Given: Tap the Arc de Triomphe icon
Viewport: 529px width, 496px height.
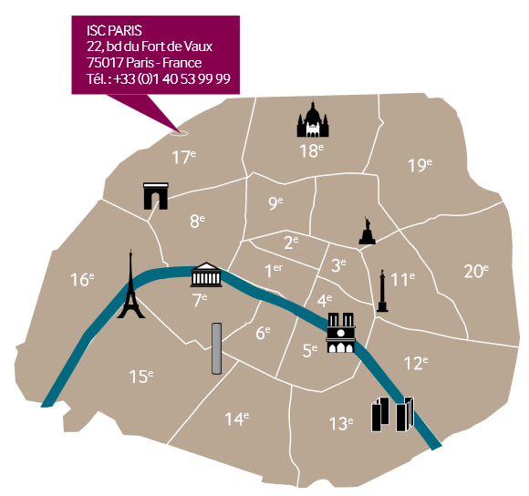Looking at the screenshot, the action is tap(156, 196).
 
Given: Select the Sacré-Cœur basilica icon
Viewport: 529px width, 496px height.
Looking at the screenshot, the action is tap(313, 119).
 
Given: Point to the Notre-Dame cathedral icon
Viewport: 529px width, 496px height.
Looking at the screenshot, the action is tap(341, 333).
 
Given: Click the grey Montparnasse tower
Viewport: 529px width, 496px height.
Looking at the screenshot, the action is tap(216, 348).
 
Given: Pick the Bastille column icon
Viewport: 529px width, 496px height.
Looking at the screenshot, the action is tap(382, 291).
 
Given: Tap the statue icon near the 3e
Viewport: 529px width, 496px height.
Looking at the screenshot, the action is tap(367, 231).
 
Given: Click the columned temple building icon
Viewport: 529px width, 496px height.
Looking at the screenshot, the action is tap(206, 274).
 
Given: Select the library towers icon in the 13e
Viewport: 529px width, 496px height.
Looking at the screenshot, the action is tap(393, 414).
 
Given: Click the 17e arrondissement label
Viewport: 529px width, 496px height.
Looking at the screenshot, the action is tap(183, 157).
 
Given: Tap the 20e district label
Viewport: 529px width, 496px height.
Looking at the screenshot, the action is tap(476, 271).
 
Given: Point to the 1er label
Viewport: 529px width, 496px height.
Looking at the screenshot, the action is tap(274, 271).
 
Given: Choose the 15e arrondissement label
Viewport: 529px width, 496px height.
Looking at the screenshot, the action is tap(141, 377).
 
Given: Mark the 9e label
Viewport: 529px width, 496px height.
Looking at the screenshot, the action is tap(275, 202).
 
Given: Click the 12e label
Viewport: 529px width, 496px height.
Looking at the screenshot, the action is tap(416, 363).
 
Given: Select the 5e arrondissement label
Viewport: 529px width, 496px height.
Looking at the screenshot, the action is tap(310, 351).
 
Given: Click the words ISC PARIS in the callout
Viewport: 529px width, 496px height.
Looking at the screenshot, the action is tap(114, 31).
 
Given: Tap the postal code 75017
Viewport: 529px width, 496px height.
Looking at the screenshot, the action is tap(105, 63).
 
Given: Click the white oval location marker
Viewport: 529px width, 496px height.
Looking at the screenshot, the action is tap(179, 133).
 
